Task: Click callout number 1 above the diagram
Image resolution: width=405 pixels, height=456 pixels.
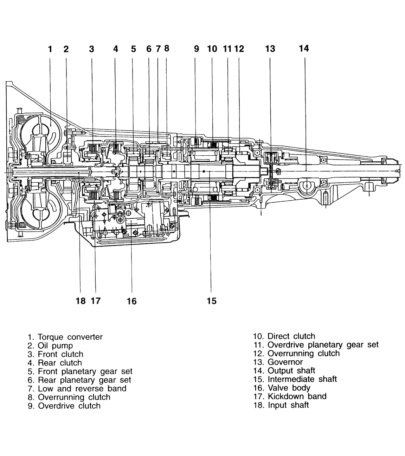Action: (x=50, y=49)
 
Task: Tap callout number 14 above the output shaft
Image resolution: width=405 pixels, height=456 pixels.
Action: (x=304, y=48)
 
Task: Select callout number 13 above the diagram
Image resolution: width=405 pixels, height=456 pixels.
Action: (x=270, y=49)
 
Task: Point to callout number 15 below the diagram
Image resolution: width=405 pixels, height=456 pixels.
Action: (x=212, y=301)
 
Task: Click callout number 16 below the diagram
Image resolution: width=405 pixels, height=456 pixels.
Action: (x=131, y=301)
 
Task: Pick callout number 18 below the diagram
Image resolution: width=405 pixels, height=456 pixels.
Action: (x=81, y=301)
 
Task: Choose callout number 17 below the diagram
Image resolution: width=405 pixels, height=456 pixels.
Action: (x=95, y=301)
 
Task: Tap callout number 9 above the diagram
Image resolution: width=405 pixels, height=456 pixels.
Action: (x=197, y=49)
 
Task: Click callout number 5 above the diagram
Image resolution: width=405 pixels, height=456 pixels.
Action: (x=134, y=49)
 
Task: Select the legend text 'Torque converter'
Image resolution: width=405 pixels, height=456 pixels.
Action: (x=70, y=337)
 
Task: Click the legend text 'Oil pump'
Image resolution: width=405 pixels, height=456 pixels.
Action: (x=55, y=346)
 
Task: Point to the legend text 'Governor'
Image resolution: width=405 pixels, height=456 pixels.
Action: (x=285, y=362)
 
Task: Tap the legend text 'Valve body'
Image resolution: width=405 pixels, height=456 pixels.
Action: (x=289, y=388)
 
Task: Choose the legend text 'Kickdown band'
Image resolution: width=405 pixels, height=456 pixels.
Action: (x=297, y=396)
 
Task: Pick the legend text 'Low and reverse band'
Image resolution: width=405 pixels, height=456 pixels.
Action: (x=82, y=389)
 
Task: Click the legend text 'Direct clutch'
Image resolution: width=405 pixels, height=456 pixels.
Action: (x=291, y=336)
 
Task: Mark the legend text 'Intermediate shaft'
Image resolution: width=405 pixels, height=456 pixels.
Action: (x=302, y=379)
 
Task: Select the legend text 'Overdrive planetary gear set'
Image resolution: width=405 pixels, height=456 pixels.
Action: (x=323, y=345)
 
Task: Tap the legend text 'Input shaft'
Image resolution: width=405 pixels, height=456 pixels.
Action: (x=288, y=405)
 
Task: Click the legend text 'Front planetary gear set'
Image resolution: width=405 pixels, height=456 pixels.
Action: (x=85, y=371)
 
